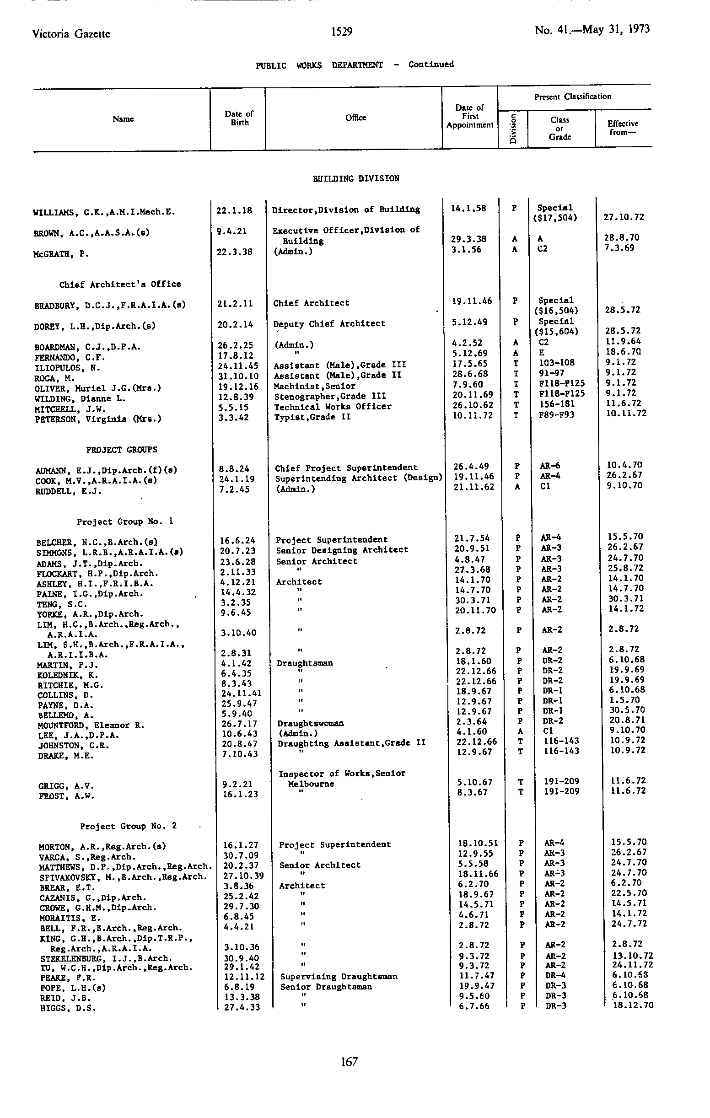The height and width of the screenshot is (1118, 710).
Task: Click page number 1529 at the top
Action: pos(342,32)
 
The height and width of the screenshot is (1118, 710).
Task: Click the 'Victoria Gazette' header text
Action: pos(71,34)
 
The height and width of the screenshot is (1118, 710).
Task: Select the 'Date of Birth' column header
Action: pos(239,118)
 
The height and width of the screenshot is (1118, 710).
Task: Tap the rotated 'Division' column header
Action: pos(513,129)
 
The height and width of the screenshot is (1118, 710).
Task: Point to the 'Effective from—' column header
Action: pos(622,128)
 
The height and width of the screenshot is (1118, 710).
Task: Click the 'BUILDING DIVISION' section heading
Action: pos(356,179)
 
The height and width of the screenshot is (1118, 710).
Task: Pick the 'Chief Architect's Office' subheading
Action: pos(120,284)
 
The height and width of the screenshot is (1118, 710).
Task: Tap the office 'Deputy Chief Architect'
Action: pos(329,323)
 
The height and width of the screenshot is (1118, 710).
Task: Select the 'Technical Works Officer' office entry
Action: pos(333,407)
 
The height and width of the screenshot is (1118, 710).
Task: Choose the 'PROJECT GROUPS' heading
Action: pos(122,450)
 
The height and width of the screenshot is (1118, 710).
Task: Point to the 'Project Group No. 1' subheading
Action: pos(125,522)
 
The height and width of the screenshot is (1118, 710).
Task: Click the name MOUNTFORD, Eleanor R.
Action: pos(91,725)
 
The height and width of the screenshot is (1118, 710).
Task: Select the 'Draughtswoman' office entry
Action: pos(310,723)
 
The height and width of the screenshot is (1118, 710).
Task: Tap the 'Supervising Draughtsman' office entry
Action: pos(339,976)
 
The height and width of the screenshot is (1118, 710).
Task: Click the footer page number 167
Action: pos(349,1062)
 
